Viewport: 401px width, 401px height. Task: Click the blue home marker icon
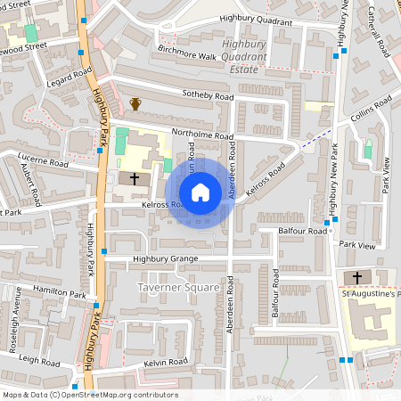pyautogui.click(x=200, y=192)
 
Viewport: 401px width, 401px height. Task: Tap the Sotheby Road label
pyautogui.click(x=208, y=95)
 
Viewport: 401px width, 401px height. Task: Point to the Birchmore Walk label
pyautogui.click(x=187, y=56)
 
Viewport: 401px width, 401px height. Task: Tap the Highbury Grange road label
pyautogui.click(x=165, y=259)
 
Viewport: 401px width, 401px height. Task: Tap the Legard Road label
pyautogui.click(x=68, y=78)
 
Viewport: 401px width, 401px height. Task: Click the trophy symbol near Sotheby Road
pyautogui.click(x=135, y=104)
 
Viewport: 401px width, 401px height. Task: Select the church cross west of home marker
pyautogui.click(x=135, y=179)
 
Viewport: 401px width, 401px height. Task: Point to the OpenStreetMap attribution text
pyautogui.click(x=90, y=395)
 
